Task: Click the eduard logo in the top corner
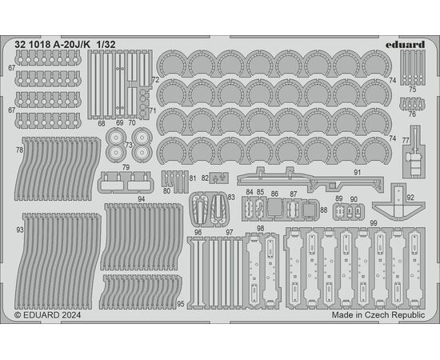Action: click(405, 45)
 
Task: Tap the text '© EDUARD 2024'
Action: click(48, 315)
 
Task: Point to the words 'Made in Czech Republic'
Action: click(378, 315)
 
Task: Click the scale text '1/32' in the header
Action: click(106, 45)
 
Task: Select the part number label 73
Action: click(129, 145)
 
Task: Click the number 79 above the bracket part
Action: click(126, 167)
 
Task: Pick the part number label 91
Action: click(357, 173)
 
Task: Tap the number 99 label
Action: click(374, 223)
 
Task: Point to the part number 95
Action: click(181, 304)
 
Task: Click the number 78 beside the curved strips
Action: click(19, 150)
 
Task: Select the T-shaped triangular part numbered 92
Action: click(398, 202)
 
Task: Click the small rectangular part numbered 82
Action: click(219, 178)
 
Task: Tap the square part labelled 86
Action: click(274, 208)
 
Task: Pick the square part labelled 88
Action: click(310, 210)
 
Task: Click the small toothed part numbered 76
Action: click(412, 104)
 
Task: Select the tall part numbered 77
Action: click(414, 152)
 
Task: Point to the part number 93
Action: click(20, 230)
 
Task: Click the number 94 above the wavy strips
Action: click(142, 199)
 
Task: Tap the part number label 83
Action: click(231, 198)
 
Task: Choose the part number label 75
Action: click(412, 90)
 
